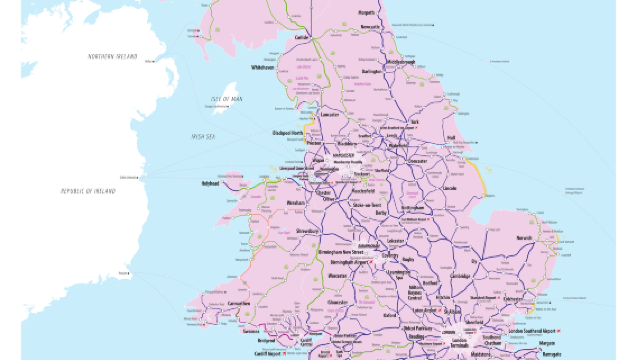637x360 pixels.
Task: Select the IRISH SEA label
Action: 206,135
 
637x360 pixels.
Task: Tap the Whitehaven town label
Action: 264,69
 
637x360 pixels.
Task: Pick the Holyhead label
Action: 211,184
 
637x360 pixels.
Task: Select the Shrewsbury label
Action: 306,231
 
